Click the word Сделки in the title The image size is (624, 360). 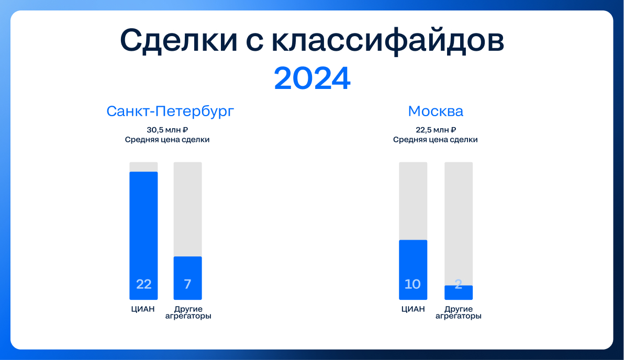[179, 40]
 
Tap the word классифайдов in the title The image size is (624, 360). [387, 40]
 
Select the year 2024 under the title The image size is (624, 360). [312, 78]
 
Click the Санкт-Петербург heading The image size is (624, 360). [170, 111]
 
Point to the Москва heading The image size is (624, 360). [436, 111]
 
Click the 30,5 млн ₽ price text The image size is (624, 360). [167, 130]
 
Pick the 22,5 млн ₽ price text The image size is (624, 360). [436, 130]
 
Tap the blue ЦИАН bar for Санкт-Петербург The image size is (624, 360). [143, 235]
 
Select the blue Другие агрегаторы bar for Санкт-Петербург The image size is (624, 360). [188, 278]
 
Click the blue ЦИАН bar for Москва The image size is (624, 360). [413, 269]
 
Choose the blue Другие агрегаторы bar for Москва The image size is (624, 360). [459, 292]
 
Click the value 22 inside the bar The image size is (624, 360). [143, 284]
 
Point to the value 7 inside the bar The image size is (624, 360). [188, 284]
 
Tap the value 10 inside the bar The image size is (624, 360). [413, 284]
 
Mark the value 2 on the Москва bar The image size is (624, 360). [459, 284]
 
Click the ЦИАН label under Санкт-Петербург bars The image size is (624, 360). [143, 309]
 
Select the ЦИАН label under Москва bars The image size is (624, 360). [413, 309]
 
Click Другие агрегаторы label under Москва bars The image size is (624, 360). [459, 313]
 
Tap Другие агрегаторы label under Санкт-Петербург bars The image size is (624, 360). [188, 313]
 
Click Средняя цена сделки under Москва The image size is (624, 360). [436, 140]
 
